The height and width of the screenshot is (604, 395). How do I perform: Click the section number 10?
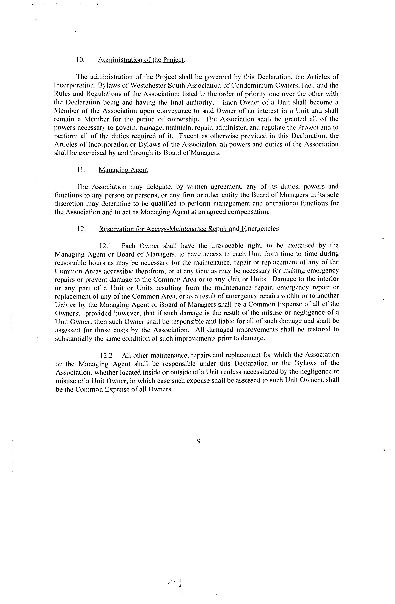pyautogui.click(x=80, y=60)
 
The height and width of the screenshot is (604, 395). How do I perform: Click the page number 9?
pyautogui.click(x=199, y=442)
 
